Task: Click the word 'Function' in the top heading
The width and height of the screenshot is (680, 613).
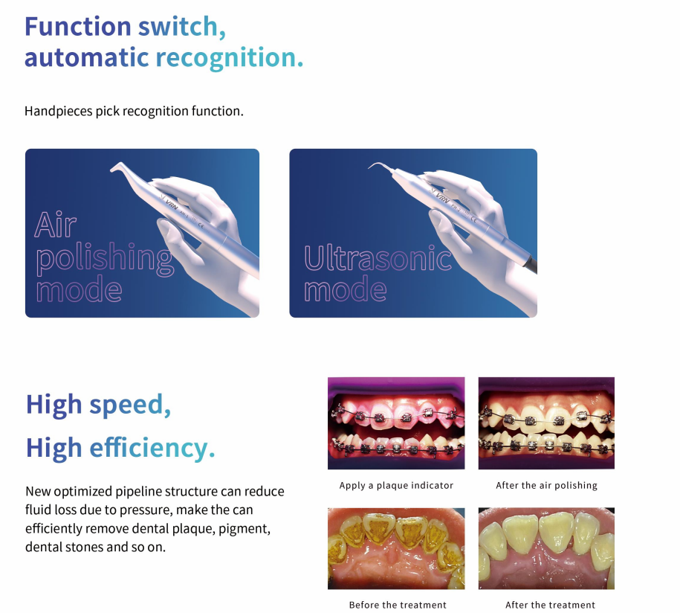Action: [78, 26]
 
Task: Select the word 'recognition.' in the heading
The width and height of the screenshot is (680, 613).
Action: [229, 57]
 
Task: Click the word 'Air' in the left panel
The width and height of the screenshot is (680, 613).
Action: [56, 224]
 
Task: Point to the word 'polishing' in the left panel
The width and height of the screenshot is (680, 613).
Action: [104, 258]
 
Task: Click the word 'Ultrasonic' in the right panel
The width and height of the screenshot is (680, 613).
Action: [378, 258]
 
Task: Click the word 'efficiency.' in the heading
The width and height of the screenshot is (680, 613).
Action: [152, 448]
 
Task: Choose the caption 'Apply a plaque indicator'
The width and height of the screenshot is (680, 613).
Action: [396, 486]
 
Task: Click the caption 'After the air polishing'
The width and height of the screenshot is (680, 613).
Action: [546, 486]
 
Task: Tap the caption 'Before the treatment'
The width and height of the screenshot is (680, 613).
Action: [398, 605]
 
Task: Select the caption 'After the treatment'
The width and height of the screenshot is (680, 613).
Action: [550, 605]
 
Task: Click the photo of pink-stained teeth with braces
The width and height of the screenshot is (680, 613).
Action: [396, 423]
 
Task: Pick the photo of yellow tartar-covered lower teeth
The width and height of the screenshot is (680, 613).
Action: [396, 548]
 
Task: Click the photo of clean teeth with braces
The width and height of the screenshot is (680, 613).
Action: [546, 423]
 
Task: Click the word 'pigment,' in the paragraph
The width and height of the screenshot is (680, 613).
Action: [246, 529]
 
